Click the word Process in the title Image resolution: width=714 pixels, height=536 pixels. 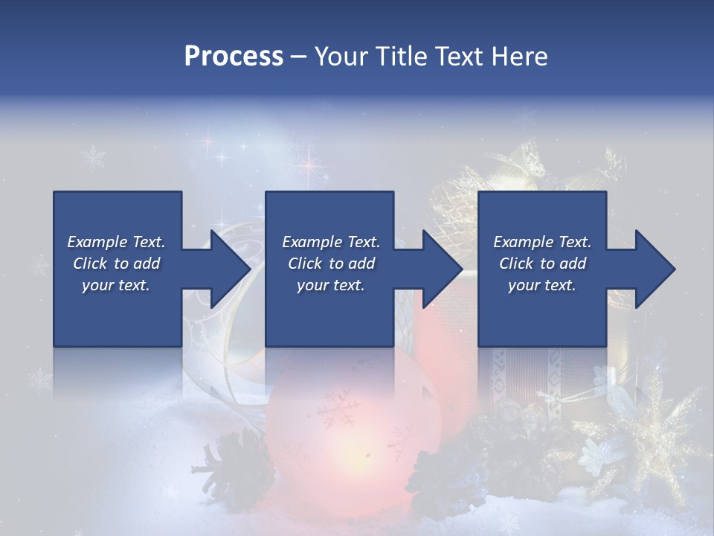(234, 56)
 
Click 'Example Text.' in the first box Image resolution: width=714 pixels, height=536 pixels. (116, 242)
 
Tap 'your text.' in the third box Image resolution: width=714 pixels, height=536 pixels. (541, 285)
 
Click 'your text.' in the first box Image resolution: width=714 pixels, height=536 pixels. (116, 285)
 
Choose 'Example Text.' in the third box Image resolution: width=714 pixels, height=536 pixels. (541, 242)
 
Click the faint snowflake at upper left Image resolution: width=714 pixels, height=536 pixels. (94, 157)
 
